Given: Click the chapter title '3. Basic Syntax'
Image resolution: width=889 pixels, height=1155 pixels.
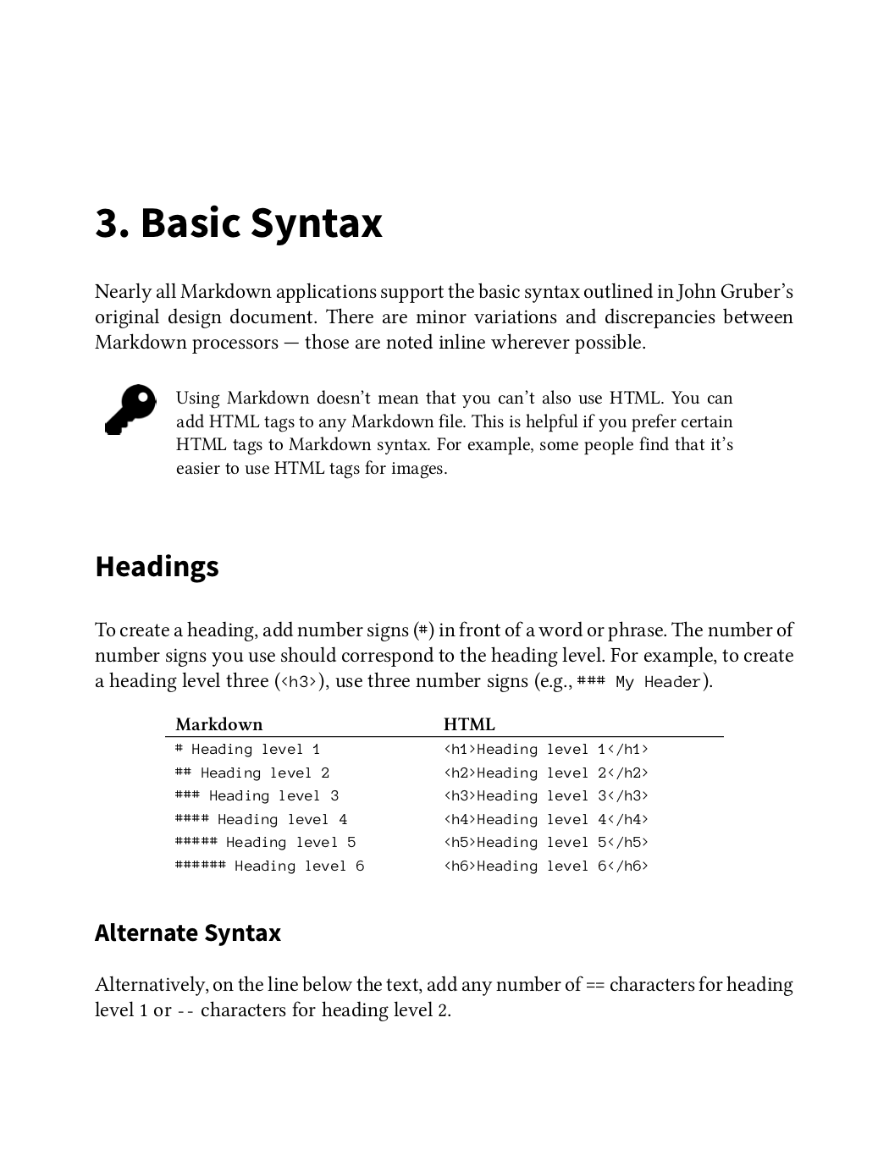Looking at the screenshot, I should tap(238, 223).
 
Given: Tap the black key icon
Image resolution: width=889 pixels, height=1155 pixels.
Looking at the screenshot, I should tap(130, 410).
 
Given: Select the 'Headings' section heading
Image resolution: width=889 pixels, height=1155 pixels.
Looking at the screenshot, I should tap(157, 566).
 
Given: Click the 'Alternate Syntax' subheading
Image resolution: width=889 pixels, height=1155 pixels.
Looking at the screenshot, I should tap(187, 932).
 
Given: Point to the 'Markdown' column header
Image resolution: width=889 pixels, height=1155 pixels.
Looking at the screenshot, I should tap(218, 724).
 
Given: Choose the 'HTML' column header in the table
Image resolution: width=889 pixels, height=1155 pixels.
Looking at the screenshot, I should tap(469, 724).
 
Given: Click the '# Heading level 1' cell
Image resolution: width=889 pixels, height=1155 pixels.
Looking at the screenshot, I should tap(247, 749).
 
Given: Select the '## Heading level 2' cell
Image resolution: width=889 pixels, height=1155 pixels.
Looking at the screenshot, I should tap(251, 773).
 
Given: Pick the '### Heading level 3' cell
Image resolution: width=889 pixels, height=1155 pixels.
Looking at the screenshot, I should tap(257, 795).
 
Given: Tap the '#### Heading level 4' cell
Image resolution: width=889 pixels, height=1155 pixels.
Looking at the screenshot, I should tap(261, 819).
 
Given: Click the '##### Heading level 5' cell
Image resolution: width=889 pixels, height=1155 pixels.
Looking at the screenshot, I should tap(265, 842).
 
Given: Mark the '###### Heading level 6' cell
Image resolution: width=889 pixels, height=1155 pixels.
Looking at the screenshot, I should tap(269, 866).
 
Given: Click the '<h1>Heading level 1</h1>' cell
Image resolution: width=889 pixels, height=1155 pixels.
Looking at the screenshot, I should tap(546, 749).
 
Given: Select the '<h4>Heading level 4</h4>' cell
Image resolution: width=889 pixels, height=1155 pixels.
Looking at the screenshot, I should tap(546, 819).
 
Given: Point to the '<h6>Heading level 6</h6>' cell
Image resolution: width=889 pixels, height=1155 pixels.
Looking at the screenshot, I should tap(546, 866).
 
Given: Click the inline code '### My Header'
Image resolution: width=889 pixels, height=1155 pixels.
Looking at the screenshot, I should tap(639, 682).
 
